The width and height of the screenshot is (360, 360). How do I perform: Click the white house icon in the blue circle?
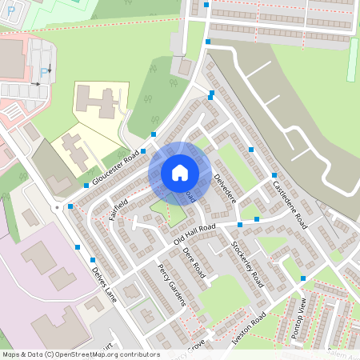click(179, 173)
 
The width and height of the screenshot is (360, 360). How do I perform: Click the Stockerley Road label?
click(247, 264)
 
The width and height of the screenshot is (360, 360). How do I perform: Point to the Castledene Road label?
click(290, 205)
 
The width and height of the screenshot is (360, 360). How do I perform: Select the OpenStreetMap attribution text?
click(80, 354)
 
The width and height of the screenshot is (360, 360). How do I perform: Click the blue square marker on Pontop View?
click(303, 278)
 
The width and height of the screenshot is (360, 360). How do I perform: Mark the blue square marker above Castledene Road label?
click(274, 175)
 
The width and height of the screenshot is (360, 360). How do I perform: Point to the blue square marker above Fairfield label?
click(86, 185)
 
